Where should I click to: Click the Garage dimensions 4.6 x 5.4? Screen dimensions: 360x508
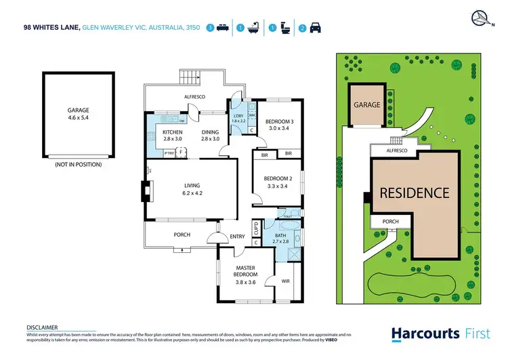click(78, 117)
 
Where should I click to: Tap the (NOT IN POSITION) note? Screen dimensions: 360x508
click(78, 164)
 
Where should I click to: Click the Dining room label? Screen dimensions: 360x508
click(211, 131)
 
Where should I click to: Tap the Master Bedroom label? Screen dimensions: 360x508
click(245, 271)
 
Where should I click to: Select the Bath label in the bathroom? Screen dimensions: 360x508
click(280, 235)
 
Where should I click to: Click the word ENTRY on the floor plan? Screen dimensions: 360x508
click(237, 236)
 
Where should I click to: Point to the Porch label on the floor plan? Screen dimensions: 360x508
click(182, 235)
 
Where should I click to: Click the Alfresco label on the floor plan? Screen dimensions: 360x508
click(194, 97)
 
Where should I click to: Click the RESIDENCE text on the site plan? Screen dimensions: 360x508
click(413, 193)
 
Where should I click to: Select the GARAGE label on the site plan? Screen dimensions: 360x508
click(366, 105)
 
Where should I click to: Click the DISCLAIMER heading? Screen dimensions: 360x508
click(41, 327)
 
